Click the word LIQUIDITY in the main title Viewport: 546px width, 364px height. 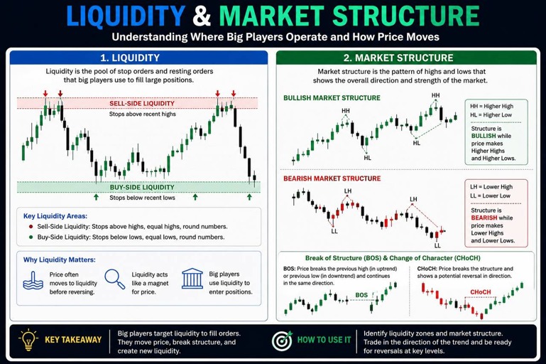tap(126, 16)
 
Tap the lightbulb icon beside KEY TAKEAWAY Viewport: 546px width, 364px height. tap(28, 340)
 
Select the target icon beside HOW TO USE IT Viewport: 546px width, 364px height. tap(282, 341)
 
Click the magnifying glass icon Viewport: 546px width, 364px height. tap(115, 279)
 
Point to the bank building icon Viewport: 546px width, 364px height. tap(192, 278)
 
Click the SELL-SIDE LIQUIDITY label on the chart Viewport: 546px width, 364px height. tap(142, 104)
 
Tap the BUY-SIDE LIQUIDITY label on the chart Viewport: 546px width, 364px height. tap(142, 187)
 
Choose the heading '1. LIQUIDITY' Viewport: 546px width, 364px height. tap(130, 58)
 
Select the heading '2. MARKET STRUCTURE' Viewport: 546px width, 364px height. tap(398, 58)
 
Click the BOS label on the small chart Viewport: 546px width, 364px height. tap(361, 295)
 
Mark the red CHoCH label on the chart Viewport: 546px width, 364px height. tap(481, 291)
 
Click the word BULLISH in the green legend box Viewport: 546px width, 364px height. tap(484, 136)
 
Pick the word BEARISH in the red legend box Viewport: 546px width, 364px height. tap(484, 218)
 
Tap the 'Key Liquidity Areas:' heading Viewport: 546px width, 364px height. tap(55, 216)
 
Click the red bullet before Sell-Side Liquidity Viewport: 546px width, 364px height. tap(31, 227)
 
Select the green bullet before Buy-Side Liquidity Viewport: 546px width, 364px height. tap(31, 237)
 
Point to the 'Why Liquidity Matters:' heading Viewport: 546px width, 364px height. tap(59, 259)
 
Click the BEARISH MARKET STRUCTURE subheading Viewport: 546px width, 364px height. tap(332, 178)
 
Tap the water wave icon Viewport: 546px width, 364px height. tap(33, 282)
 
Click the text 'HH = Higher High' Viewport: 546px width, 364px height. tap(491, 106)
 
